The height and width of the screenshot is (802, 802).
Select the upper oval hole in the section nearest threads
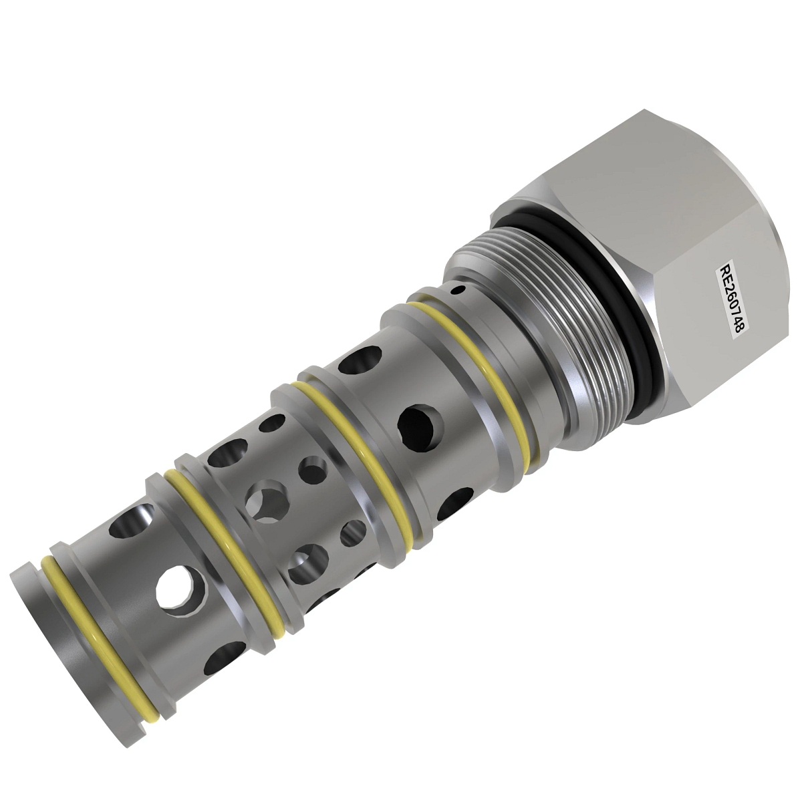pos(353,363)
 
